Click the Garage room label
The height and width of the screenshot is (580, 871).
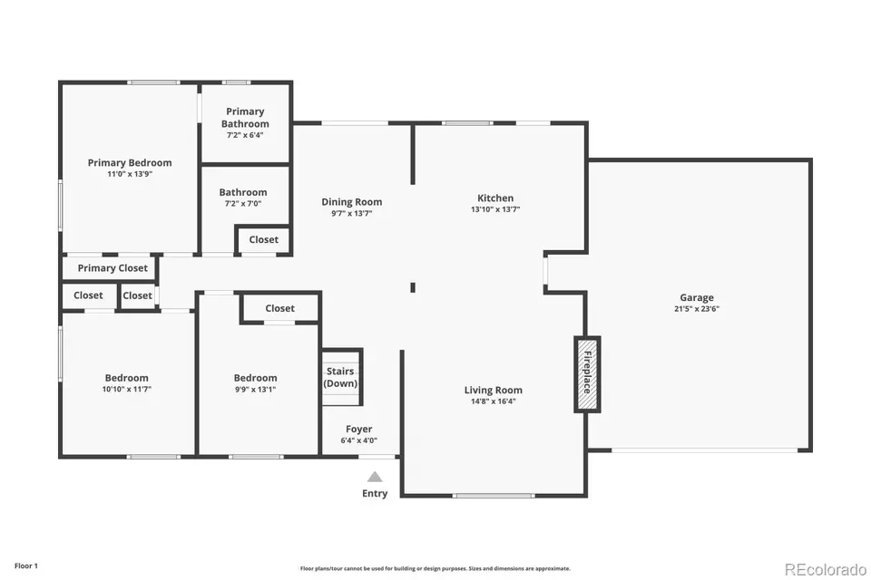[697, 297]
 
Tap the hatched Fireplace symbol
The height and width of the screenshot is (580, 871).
[587, 374]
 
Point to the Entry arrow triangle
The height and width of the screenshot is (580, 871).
[375, 477]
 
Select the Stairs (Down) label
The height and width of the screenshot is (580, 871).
[340, 377]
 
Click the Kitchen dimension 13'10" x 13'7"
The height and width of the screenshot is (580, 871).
[495, 209]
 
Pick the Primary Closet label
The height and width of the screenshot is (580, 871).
[113, 268]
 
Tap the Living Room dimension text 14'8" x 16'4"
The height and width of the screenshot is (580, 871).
[494, 401]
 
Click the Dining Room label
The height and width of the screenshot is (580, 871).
[352, 202]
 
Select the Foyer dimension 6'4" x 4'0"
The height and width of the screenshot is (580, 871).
[359, 440]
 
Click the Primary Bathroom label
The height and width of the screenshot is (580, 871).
[245, 118]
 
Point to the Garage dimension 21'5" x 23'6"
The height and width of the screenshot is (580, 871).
[697, 309]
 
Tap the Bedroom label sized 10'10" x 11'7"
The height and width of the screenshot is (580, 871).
[127, 378]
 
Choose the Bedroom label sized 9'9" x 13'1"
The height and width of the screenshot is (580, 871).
[256, 378]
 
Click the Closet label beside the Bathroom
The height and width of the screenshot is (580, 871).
[263, 240]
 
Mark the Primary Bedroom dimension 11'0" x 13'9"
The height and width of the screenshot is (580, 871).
[130, 174]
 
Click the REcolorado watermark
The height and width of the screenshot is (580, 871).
[826, 569]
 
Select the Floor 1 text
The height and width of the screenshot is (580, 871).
[26, 566]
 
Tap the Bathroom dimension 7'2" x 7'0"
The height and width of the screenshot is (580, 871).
[243, 204]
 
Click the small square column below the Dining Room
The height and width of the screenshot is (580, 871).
[413, 287]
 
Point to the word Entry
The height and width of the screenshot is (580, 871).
[375, 493]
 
